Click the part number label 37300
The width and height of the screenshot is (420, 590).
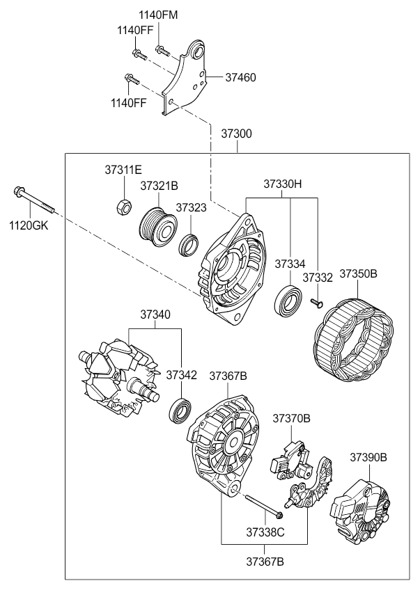(236, 134)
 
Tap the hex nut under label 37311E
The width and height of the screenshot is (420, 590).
(123, 207)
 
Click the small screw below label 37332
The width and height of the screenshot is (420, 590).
(316, 302)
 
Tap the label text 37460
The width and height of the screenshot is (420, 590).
(240, 77)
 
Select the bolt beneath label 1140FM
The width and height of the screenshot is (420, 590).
(160, 49)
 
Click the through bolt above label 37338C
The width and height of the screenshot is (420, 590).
(265, 507)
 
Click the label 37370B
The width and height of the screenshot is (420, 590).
(292, 418)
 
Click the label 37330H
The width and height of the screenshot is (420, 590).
(283, 184)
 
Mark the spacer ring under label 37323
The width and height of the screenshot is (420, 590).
(189, 246)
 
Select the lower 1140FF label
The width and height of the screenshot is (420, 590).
(128, 103)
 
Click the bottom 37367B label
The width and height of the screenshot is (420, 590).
(265, 561)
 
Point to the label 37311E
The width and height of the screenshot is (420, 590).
(123, 170)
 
